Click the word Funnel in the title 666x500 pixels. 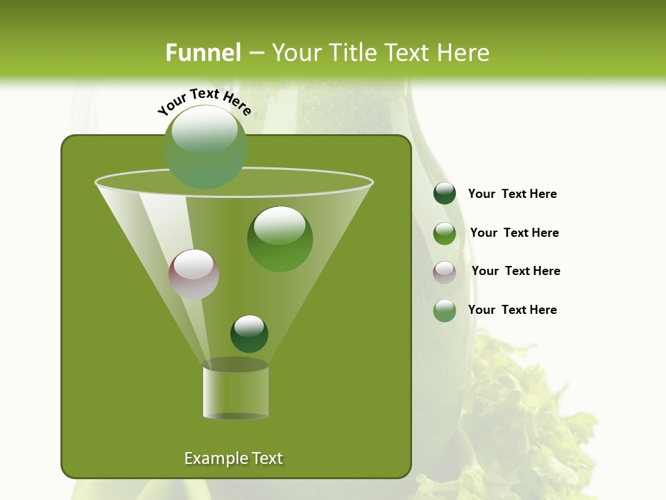click(203, 53)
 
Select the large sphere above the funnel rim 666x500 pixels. click(205, 147)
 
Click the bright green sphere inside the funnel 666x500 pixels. click(280, 240)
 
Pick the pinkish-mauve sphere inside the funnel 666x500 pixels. click(194, 274)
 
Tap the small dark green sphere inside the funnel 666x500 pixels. click(249, 334)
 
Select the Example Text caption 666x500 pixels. click(233, 458)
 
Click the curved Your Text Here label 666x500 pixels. click(205, 101)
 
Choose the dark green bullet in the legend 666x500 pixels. click(445, 194)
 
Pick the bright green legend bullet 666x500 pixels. click(445, 233)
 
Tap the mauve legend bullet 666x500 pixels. click(445, 272)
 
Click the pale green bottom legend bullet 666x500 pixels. click(445, 310)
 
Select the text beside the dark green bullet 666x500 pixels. click(512, 194)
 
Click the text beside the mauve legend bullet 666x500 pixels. click(515, 271)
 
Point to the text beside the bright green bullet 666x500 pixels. click(514, 233)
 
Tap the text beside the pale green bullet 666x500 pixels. click(512, 310)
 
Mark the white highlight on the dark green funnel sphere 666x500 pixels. click(249, 325)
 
